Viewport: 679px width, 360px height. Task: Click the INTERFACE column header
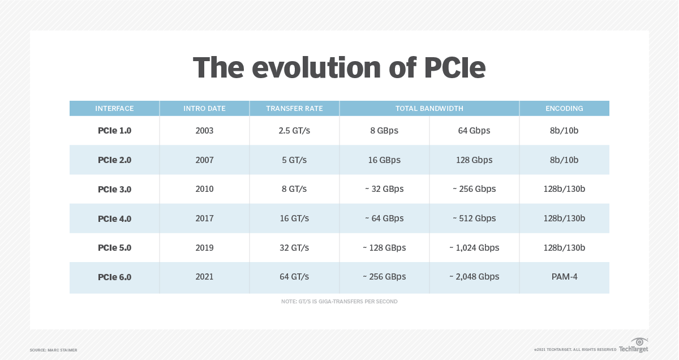click(114, 108)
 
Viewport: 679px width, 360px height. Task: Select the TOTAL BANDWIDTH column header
click(429, 108)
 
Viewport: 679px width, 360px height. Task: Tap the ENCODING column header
click(564, 108)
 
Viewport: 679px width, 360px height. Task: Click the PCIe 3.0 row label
click(114, 189)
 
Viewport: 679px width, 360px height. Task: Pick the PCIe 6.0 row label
click(114, 277)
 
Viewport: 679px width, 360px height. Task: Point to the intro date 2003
click(204, 131)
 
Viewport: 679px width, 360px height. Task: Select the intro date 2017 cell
click(204, 218)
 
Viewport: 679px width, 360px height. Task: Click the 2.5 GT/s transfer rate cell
click(294, 131)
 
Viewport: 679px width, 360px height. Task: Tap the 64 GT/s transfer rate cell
click(294, 277)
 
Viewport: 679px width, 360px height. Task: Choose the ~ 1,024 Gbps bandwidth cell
click(474, 248)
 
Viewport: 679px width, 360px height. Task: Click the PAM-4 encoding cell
click(564, 277)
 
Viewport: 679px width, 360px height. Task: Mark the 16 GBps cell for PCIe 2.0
click(384, 160)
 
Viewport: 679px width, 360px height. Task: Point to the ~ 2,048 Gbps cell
click(474, 277)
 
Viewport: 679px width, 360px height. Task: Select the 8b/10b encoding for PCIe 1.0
click(564, 131)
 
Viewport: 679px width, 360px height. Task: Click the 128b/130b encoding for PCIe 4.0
click(564, 218)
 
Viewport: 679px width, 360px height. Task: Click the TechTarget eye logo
click(639, 342)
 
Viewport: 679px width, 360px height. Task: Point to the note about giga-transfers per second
click(339, 302)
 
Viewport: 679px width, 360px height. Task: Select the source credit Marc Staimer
click(53, 350)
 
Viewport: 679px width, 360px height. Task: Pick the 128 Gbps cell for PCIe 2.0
click(474, 160)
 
